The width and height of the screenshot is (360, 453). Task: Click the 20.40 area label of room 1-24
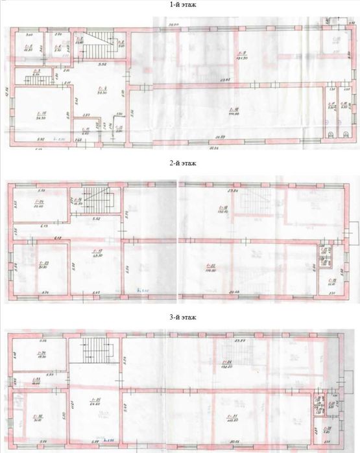(x=38, y=208)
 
